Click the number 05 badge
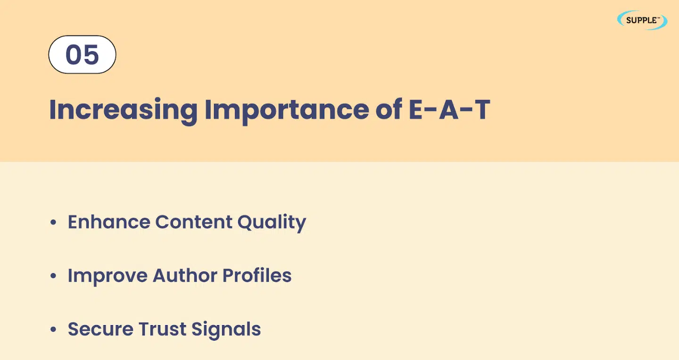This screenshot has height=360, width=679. point(82,55)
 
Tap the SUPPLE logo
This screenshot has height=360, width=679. point(642,20)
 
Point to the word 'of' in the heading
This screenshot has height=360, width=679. point(389,109)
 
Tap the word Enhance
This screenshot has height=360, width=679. point(109,222)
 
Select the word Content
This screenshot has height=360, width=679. point(194,222)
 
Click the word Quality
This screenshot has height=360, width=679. point(272,223)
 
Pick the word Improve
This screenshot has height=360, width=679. point(108,276)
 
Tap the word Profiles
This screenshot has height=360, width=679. point(257,276)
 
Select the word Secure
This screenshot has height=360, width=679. point(100,329)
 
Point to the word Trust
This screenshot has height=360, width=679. point(163,329)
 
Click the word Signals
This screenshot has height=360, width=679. point(226,330)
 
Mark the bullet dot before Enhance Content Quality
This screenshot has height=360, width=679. point(53,222)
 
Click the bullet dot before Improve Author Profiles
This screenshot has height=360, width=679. point(53,276)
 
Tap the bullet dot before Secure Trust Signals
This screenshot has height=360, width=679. point(53,329)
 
